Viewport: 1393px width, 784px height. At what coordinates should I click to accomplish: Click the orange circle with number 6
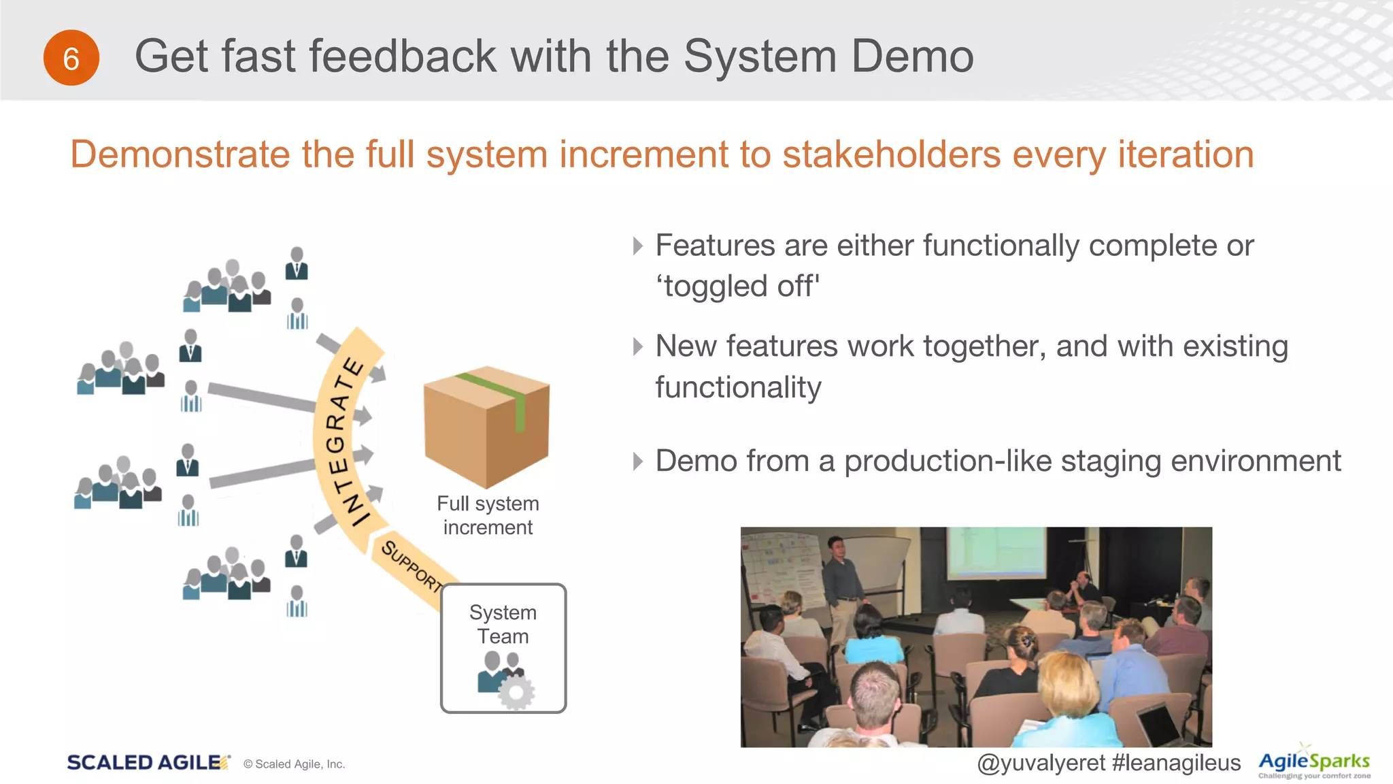point(71,58)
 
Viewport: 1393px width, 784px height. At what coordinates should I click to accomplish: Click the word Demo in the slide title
point(912,56)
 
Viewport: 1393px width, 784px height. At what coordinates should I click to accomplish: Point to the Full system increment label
point(488,515)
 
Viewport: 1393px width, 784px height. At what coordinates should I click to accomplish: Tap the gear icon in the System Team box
point(516,692)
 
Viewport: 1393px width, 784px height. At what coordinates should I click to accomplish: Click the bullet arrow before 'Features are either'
point(637,246)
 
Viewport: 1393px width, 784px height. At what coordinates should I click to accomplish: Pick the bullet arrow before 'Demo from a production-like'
point(637,461)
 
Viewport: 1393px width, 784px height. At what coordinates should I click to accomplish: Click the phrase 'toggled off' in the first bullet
point(737,286)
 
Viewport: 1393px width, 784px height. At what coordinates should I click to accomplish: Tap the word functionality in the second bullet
point(738,387)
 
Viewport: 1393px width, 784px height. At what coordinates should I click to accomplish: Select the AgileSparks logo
point(1313,763)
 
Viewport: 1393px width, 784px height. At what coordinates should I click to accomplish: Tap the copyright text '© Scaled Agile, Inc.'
point(294,764)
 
